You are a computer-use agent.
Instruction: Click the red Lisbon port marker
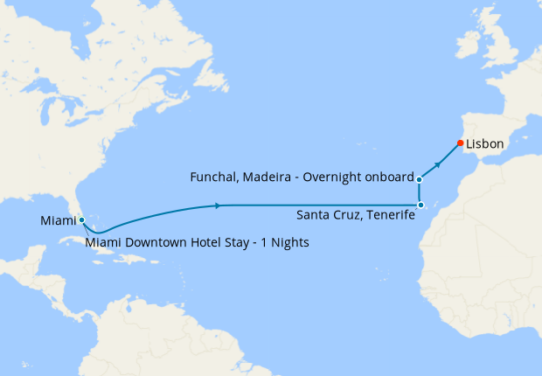click(460, 143)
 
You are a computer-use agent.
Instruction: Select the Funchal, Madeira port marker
click(420, 179)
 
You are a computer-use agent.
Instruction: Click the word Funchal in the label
click(215, 178)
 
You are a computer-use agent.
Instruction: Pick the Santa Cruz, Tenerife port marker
click(420, 205)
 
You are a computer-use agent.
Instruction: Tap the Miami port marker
click(81, 220)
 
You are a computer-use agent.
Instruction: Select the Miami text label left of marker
click(59, 221)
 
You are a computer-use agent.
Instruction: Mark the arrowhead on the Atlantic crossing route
click(216, 205)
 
